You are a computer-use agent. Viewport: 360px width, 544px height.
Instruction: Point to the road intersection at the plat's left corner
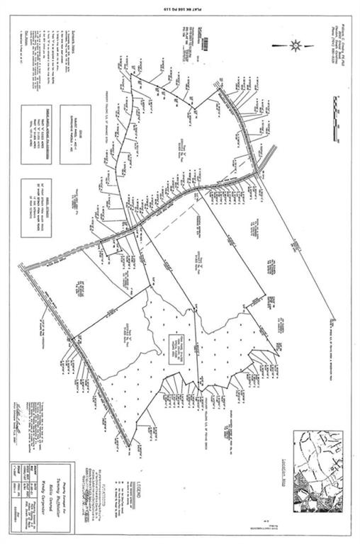[24, 267]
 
